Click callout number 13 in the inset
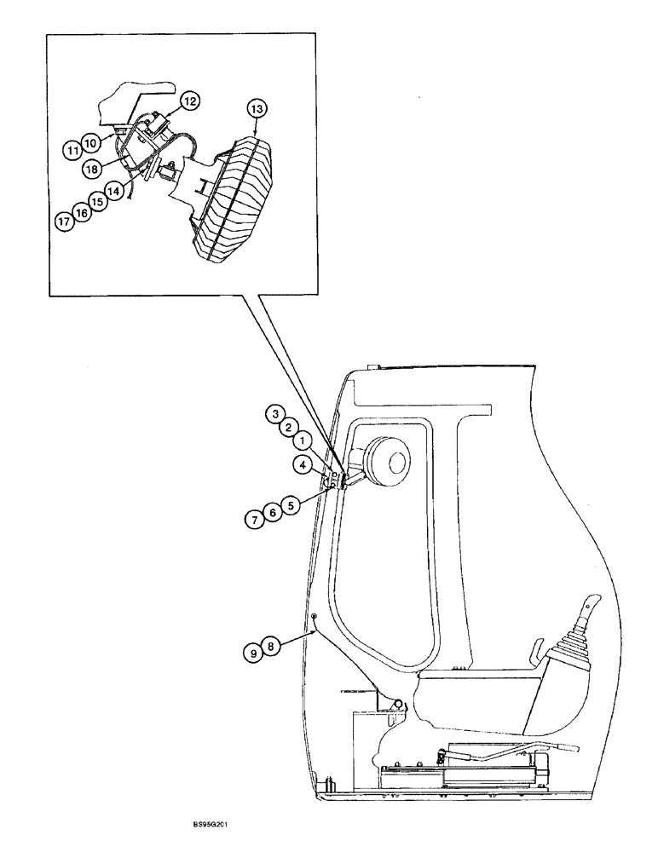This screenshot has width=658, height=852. [257, 109]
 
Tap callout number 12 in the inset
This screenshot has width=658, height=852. [189, 102]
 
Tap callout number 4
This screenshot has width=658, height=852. [303, 464]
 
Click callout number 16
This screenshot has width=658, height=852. [81, 213]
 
